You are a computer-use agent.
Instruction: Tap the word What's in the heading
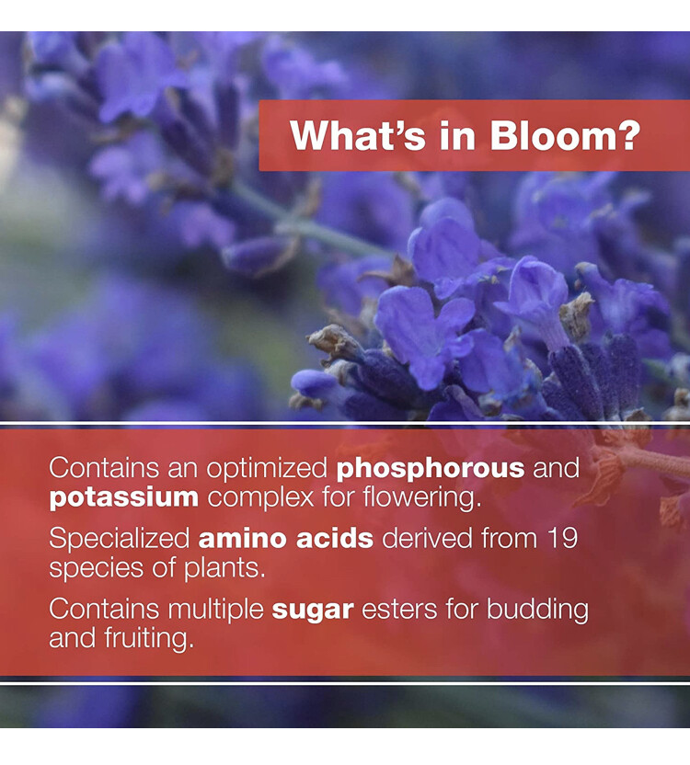[x=358, y=136]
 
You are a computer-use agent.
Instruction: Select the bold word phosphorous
[x=431, y=469]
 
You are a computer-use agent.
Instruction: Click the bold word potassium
[x=124, y=498]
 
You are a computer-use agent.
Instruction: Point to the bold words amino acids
[x=286, y=539]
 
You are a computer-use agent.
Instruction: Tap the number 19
[x=562, y=539]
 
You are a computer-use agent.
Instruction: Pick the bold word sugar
[x=313, y=611]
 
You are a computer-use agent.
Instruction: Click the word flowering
[x=422, y=498]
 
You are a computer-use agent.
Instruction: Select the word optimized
[x=267, y=469]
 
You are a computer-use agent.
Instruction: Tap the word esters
[x=399, y=611]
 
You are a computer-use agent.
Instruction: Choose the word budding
[x=537, y=611]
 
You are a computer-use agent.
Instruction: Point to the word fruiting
[x=148, y=639]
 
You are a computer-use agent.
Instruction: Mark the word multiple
[x=215, y=611]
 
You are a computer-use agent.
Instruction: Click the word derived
[x=427, y=539]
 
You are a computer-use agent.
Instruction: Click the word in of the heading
[x=457, y=136]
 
